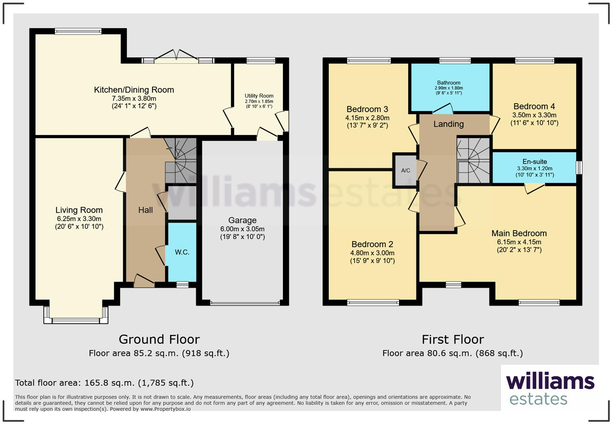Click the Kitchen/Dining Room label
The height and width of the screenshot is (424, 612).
134,90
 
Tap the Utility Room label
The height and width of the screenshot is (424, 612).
259,96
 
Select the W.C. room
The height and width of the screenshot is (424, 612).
182,252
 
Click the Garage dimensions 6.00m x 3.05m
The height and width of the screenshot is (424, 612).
242,229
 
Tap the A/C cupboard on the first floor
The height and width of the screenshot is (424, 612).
406,170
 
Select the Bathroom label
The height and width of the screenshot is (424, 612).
448,83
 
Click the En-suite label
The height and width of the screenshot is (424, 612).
534,161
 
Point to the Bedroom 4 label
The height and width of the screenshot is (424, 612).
534,106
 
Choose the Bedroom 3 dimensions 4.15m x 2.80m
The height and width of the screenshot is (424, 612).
367,118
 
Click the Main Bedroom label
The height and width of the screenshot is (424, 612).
519,233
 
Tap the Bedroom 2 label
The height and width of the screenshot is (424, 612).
372,244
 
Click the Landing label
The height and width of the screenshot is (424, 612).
448,124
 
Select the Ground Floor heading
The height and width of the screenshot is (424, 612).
159,339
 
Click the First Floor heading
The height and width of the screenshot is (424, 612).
453,339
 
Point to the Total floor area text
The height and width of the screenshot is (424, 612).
104,383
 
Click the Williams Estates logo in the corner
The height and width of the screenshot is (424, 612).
550,388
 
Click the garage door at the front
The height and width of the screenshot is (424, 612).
244,303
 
